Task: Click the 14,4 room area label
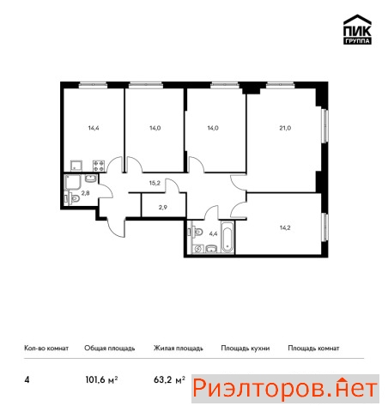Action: [94, 128]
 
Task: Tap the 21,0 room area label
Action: [285, 128]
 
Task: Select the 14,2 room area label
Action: [285, 227]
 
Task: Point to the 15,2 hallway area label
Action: [155, 183]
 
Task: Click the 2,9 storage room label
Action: [163, 207]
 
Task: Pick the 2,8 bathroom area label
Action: [85, 193]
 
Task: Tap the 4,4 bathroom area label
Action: [214, 233]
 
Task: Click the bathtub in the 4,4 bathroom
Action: [227, 236]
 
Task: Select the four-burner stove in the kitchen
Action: [99, 166]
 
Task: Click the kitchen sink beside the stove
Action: [76, 166]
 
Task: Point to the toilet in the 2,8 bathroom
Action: [74, 198]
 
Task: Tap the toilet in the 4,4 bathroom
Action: [197, 232]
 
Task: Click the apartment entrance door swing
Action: [117, 227]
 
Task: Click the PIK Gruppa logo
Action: [357, 29]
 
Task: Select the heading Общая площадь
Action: [110, 348]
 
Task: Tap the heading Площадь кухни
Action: [246, 348]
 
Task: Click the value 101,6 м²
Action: [101, 379]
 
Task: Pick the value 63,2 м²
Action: [169, 379]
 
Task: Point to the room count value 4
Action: [27, 380]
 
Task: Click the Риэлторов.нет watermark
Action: [285, 389]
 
